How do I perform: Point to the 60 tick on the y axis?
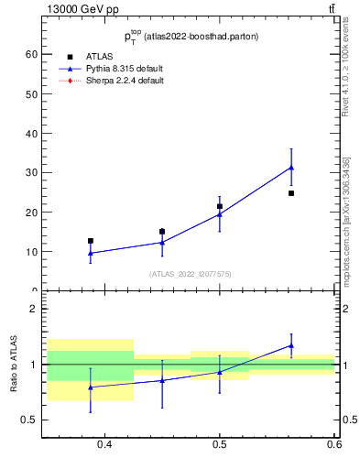pos(31,54)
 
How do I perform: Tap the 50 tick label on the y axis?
pos(31,93)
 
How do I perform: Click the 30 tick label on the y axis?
pos(31,172)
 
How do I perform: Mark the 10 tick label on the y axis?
pos(31,251)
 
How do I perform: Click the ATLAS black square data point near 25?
pos(291,193)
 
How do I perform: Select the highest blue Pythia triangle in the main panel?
pos(291,168)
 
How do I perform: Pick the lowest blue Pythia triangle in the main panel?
pos(90,253)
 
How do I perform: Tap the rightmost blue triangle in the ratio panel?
pos(291,345)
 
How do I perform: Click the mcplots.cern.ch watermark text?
pos(348,229)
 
